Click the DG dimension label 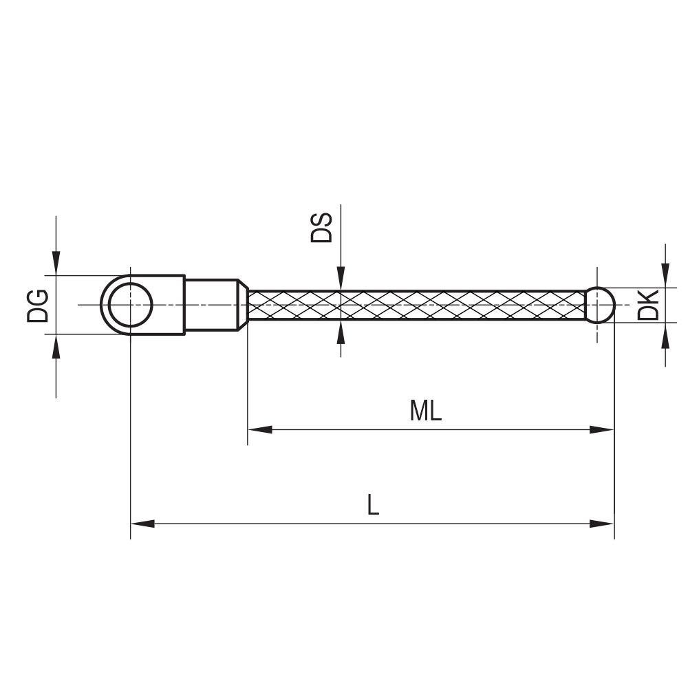(38, 305)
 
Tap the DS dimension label (321, 228)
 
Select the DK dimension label (648, 305)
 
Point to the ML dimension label (425, 411)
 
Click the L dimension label (372, 506)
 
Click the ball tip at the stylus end (600, 304)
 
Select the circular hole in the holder (131, 305)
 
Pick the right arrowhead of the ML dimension (601, 430)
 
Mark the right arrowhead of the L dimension (601, 524)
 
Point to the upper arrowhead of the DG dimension (56, 264)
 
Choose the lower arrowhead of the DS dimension (341, 332)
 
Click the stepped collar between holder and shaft (210, 305)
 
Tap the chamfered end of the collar (242, 305)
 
